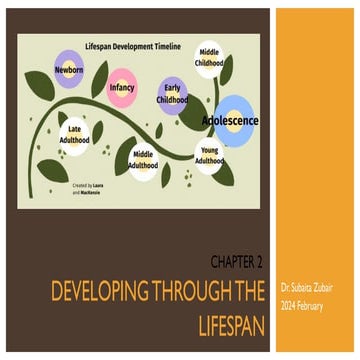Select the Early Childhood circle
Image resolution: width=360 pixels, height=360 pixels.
[173, 94]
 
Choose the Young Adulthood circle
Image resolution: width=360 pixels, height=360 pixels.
[209, 156]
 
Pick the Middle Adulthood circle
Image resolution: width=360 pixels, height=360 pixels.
[145, 158]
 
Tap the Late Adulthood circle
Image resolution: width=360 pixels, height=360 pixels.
[77, 134]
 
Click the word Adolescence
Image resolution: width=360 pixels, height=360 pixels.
[231, 120]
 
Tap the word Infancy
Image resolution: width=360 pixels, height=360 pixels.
[122, 88]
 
